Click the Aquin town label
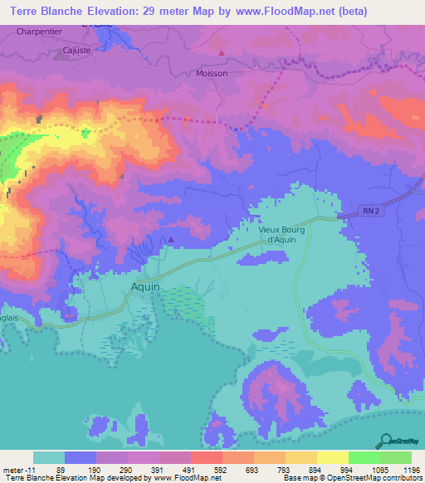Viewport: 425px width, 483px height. click(x=145, y=286)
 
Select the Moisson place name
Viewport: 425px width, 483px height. click(x=211, y=73)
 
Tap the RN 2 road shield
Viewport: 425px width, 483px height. click(x=371, y=212)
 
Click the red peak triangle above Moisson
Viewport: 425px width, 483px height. click(x=222, y=53)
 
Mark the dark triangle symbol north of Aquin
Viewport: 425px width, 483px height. click(x=170, y=240)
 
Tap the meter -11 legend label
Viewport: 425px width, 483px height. click(x=19, y=469)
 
